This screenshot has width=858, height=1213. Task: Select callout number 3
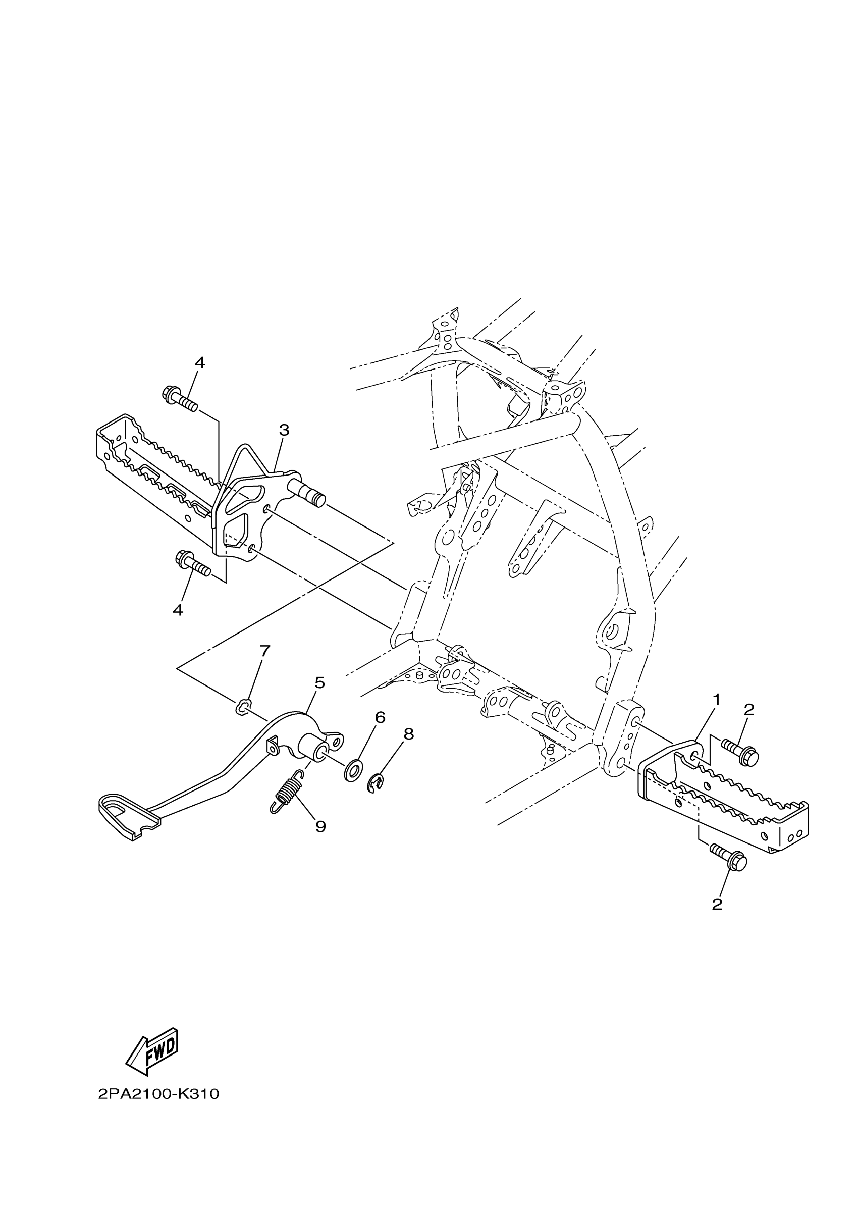click(x=284, y=430)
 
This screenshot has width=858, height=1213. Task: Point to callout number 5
click(x=319, y=682)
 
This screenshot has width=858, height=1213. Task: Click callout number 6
click(x=380, y=717)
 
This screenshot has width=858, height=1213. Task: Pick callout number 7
click(x=264, y=651)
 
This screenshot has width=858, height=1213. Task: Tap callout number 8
click(x=408, y=734)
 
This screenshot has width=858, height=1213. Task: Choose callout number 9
click(x=320, y=826)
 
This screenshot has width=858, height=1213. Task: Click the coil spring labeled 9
click(x=287, y=790)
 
